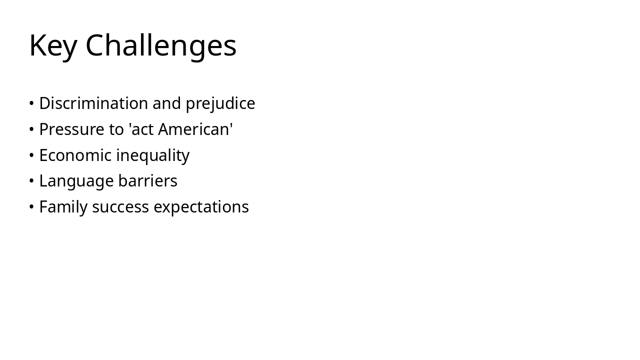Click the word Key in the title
click(53, 45)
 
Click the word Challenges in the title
click(160, 45)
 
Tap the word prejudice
click(220, 103)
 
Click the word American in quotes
click(194, 129)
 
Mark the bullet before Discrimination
click(31, 103)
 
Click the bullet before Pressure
click(31, 129)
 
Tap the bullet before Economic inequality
click(31, 155)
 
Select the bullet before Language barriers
click(31, 181)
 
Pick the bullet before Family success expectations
click(31, 207)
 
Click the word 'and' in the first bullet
click(166, 103)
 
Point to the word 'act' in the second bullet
click(142, 129)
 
